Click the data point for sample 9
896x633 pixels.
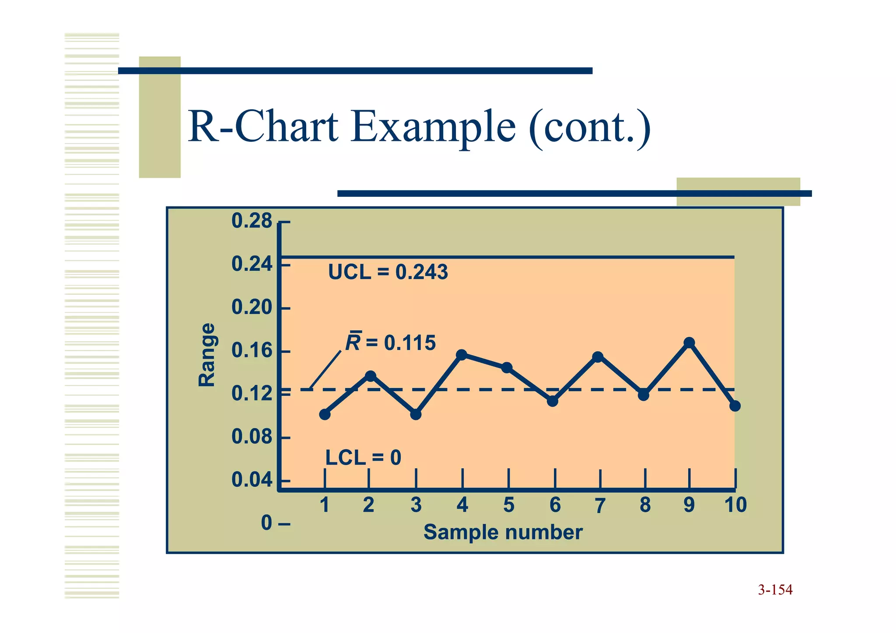tap(689, 343)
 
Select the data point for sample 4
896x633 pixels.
tap(462, 355)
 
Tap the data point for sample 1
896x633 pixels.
tap(325, 414)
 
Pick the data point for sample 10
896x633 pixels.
tap(735, 406)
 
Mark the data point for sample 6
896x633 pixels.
tap(553, 401)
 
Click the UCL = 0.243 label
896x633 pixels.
tap(388, 273)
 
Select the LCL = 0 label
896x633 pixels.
tap(363, 458)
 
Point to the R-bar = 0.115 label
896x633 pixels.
tap(391, 343)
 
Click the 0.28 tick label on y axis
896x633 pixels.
tap(252, 221)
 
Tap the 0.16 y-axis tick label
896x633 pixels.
tap(252, 351)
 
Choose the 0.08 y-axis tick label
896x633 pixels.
tap(252, 437)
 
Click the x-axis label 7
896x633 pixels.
tap(600, 506)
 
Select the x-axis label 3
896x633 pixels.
tap(416, 505)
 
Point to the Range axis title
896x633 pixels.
tap(207, 355)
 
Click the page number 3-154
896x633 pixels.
tap(775, 590)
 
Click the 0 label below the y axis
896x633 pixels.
tap(266, 523)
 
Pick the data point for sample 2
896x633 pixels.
tap(370, 376)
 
